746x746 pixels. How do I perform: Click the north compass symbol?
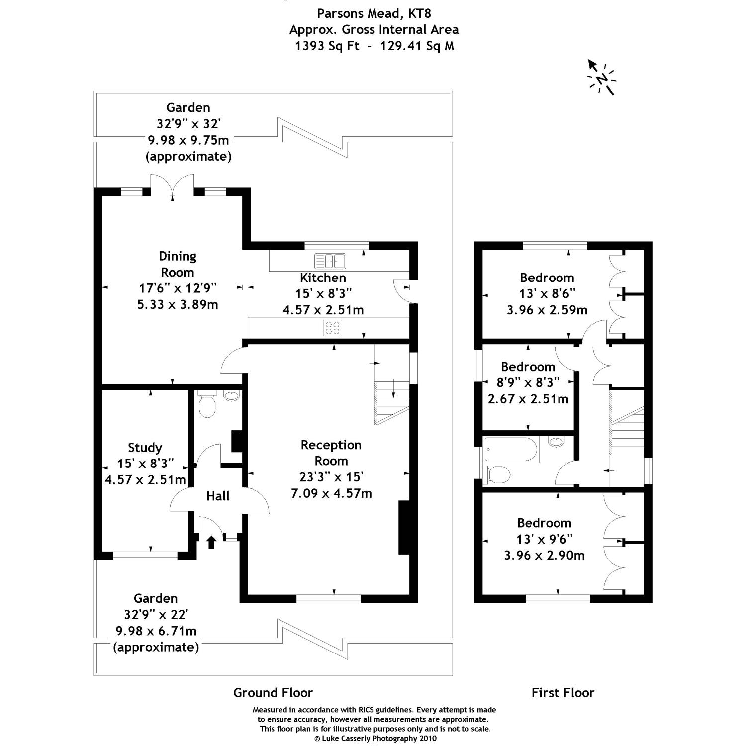click(601, 78)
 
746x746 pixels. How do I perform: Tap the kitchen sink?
click(330, 260)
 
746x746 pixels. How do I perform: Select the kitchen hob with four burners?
click(332, 327)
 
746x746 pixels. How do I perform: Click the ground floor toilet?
click(206, 405)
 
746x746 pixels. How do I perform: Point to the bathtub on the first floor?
click(511, 450)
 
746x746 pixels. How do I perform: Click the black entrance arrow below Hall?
click(211, 542)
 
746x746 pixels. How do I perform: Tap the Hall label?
click(218, 496)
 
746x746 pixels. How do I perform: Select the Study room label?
click(145, 447)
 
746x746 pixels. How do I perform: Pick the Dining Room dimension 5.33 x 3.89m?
click(178, 304)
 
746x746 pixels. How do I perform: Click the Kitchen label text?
click(323, 278)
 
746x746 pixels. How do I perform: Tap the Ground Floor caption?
click(273, 692)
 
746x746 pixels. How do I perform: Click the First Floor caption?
click(562, 692)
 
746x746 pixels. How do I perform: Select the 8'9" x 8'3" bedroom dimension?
click(528, 382)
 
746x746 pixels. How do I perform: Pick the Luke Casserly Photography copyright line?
click(375, 738)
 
